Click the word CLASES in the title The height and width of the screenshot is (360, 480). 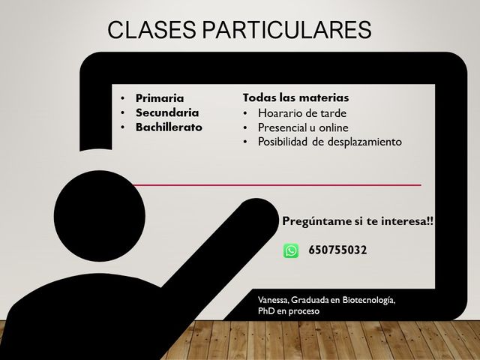[151, 30]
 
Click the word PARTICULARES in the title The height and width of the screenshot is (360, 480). [286, 30]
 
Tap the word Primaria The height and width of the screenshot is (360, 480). [160, 98]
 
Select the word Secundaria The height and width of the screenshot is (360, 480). [167, 112]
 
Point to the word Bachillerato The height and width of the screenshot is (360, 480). [169, 127]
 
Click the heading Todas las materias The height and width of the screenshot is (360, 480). [295, 97]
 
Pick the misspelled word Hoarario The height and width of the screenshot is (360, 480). [281, 113]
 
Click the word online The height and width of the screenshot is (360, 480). [334, 127]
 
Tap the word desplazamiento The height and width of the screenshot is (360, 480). [364, 142]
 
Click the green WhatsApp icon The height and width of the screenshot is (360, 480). [291, 250]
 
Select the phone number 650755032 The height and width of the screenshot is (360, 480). [337, 250]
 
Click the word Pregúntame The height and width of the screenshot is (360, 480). [316, 221]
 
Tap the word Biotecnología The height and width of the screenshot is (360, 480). [369, 300]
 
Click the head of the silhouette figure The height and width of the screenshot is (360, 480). [100, 216]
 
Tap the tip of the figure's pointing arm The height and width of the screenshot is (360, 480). [269, 205]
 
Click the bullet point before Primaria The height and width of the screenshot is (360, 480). [123, 98]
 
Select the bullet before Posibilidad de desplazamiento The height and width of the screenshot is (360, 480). [245, 142]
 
